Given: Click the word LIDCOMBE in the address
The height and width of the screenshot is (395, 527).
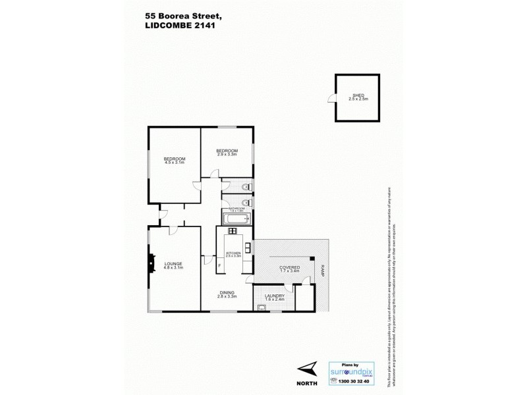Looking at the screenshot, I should [x=166, y=28].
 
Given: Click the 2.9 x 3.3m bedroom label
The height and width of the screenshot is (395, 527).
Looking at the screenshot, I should [x=227, y=153].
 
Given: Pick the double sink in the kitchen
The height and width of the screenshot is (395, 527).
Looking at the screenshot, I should [x=248, y=248].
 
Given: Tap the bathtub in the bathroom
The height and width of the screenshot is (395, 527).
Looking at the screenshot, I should [x=236, y=219].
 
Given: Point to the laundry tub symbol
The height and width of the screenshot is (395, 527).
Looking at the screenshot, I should [x=261, y=308].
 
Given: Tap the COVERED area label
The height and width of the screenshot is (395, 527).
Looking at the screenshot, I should [x=290, y=267].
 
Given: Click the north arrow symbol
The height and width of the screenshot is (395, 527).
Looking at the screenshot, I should [x=308, y=369].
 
